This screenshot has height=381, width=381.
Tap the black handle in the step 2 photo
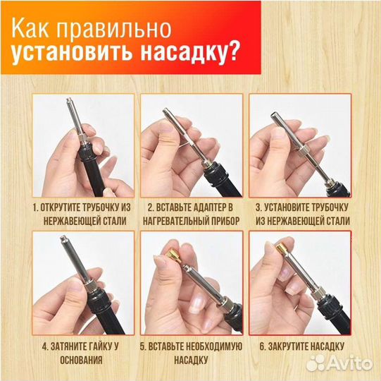[224, 185]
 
